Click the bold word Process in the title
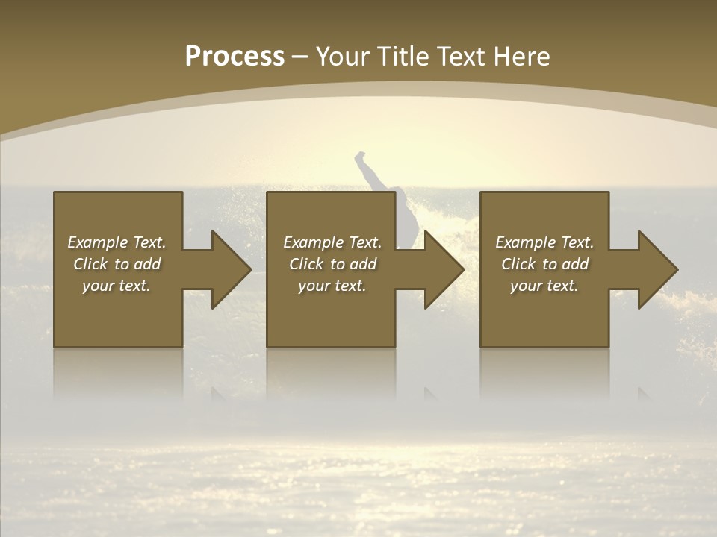[235, 57]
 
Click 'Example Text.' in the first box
[117, 242]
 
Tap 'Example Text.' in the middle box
[332, 242]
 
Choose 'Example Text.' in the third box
[544, 242]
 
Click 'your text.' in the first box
[117, 286]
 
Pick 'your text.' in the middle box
[332, 286]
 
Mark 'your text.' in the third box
[544, 286]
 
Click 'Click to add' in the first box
[117, 264]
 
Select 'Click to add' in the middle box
[332, 264]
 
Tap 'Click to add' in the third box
[544, 264]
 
